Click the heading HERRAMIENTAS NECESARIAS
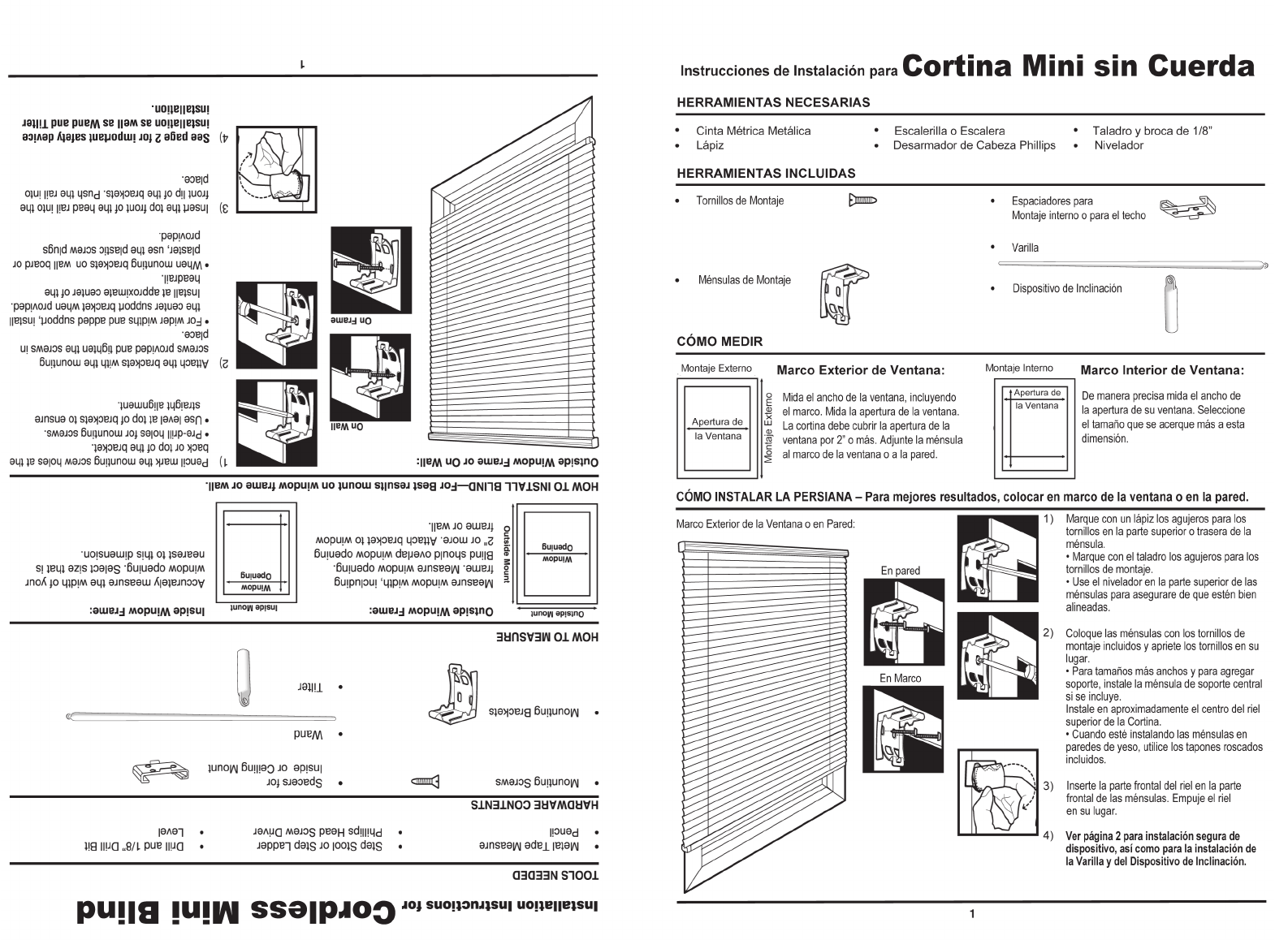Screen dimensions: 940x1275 [x=773, y=103]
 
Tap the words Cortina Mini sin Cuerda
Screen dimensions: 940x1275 [x=1078, y=66]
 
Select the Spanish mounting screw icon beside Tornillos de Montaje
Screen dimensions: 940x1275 [x=862, y=201]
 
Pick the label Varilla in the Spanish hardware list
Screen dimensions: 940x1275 [x=1025, y=248]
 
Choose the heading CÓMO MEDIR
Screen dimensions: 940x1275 [x=720, y=342]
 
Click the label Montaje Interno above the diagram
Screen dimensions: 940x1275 [x=1018, y=368]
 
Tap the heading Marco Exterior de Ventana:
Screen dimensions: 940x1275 [x=861, y=370]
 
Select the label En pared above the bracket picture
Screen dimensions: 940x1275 [x=901, y=571]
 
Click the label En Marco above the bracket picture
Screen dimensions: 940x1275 [x=901, y=678]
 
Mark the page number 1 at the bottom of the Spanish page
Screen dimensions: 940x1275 [x=972, y=915]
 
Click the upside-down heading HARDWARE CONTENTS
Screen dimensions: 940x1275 [x=534, y=804]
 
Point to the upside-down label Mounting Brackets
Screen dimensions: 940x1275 [x=534, y=712]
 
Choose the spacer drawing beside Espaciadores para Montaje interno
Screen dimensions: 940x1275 [x=1186, y=209]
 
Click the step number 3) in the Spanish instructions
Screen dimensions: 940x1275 [x=1048, y=786]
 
